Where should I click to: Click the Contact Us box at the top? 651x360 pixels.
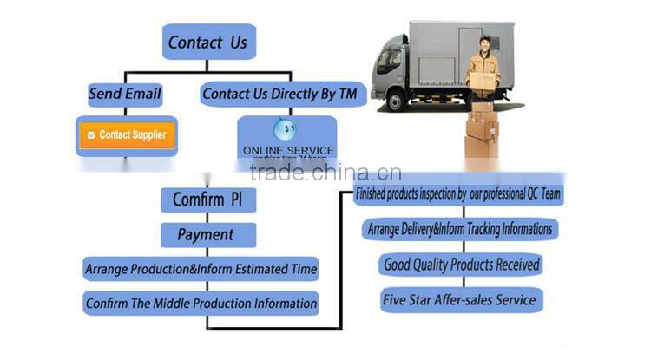[x=207, y=42]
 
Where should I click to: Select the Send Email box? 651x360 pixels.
[x=125, y=94]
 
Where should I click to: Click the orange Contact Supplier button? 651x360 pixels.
[x=127, y=135]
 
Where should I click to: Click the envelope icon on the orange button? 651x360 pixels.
[x=91, y=135]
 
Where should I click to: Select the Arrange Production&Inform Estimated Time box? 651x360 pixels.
[x=201, y=269]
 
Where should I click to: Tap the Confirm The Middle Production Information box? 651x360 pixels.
[x=201, y=304]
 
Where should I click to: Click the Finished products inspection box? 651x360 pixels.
[x=459, y=194]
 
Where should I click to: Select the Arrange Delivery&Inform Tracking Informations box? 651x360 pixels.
[x=459, y=229]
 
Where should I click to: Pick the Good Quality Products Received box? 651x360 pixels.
[x=460, y=264]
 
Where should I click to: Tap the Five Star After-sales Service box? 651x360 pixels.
[x=460, y=300]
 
